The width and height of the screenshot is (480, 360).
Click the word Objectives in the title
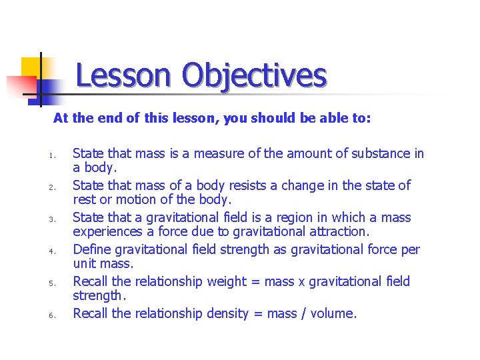[x=255, y=75]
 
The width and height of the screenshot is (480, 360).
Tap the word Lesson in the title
[x=123, y=75]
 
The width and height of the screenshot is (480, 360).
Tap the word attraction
[x=336, y=232]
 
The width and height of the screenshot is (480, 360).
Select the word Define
[x=91, y=249]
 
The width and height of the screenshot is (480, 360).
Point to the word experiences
[x=107, y=232]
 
